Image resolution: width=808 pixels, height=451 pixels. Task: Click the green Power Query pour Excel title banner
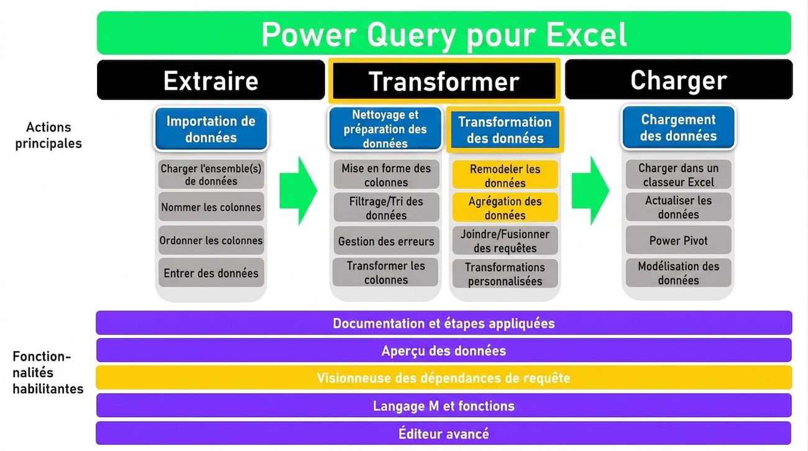coord(444,33)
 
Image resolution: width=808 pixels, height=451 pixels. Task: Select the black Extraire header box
coord(211,80)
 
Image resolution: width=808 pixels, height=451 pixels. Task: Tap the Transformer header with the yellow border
coord(444,81)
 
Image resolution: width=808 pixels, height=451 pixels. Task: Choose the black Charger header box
coord(679,80)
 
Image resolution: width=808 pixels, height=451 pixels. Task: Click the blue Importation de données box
coord(211,129)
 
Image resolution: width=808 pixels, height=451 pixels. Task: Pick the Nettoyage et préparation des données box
coord(385,129)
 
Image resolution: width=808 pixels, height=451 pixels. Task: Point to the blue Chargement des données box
coord(678,127)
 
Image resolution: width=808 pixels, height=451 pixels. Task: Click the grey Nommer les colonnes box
coord(211,207)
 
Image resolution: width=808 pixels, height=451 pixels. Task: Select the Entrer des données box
coord(211,273)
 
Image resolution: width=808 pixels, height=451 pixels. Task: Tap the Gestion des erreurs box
coord(386,241)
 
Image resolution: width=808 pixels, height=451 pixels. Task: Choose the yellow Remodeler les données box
coord(505,175)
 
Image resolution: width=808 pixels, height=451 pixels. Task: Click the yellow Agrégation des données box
coord(505,207)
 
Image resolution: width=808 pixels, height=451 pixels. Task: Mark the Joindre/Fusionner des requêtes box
coord(505,241)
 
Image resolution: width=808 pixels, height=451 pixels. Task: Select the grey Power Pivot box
coord(678,240)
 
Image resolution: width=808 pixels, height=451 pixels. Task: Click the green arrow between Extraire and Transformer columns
coord(298,191)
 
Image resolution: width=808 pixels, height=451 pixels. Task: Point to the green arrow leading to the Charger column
coord(590,191)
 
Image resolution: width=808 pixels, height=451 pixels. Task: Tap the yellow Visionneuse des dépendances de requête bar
coord(444,378)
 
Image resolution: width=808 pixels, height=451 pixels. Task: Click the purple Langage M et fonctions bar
coord(444,406)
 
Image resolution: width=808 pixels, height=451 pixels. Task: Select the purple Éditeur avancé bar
coord(444,433)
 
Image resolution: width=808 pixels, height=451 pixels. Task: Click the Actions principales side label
coord(48,135)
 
